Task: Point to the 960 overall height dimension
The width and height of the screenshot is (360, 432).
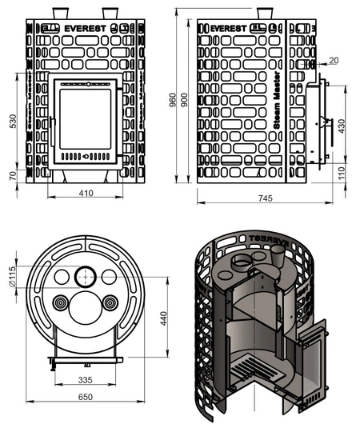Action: pos(171,98)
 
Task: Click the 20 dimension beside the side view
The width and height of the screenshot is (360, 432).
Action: pos(333,60)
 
